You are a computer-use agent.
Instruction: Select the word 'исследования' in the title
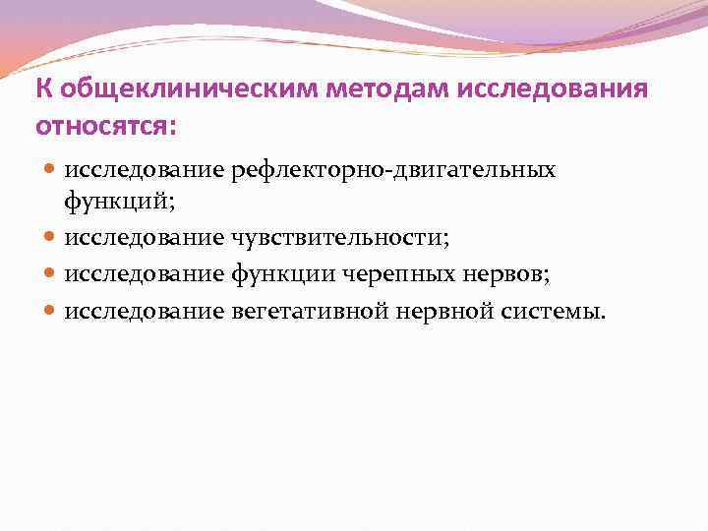point(550,89)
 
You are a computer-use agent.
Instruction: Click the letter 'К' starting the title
point(43,89)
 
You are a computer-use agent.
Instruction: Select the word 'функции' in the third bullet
point(279,274)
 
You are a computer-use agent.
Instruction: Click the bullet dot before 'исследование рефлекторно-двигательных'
point(51,171)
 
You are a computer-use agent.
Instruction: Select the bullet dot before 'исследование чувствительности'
point(51,237)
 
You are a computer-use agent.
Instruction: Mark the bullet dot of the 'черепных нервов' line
point(51,274)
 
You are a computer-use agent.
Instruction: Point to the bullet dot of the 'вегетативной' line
point(51,312)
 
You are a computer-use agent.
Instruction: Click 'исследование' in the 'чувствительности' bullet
point(145,237)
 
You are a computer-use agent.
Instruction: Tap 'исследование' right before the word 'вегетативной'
point(145,312)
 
